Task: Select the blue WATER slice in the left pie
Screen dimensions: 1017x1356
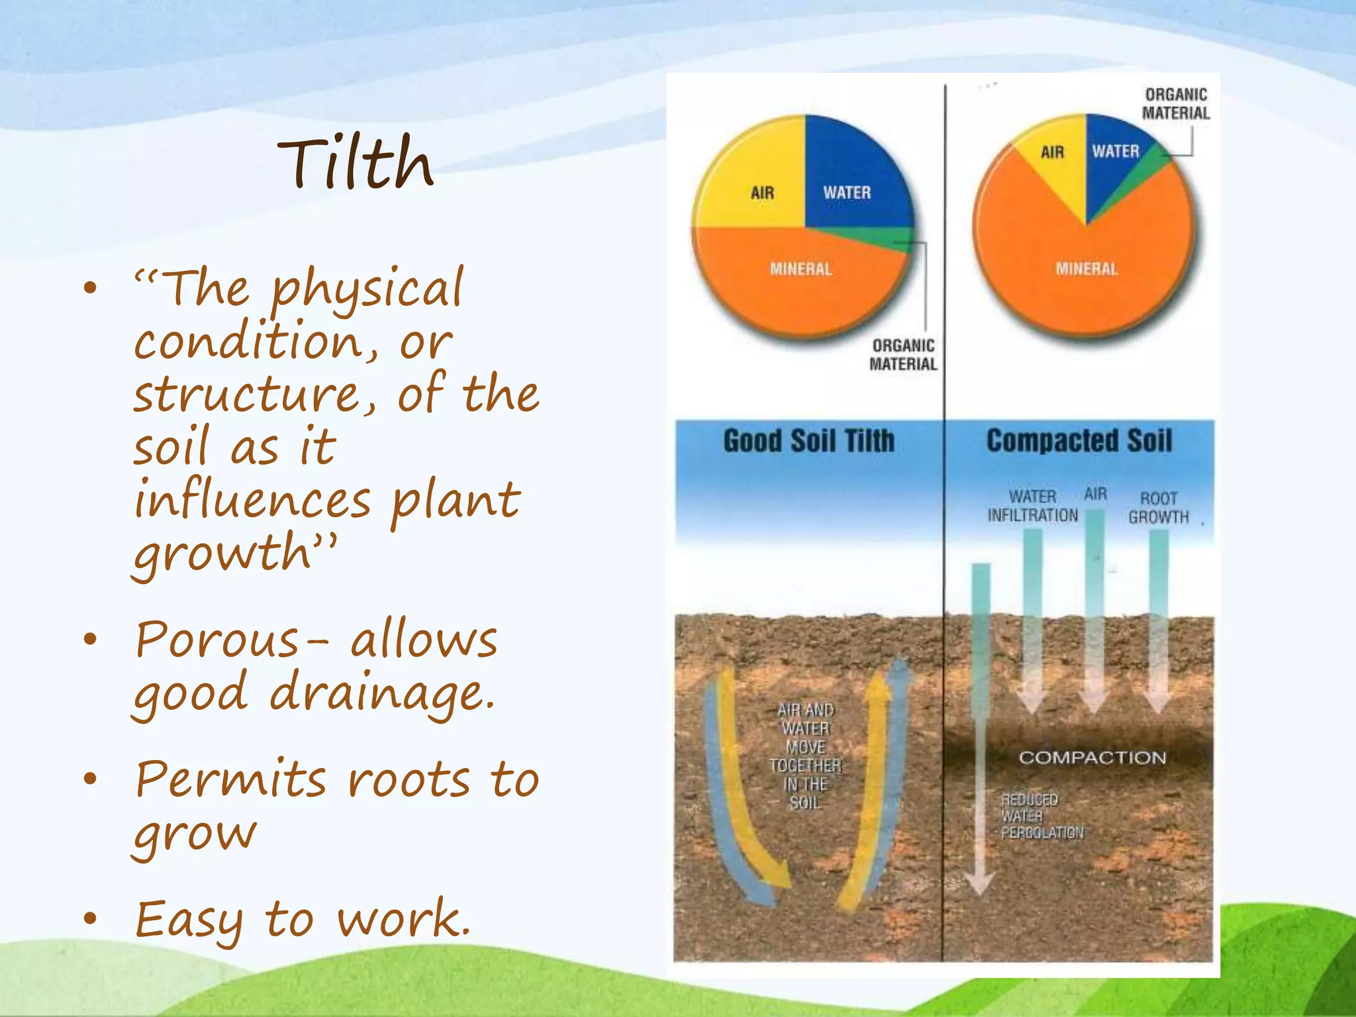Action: (854, 179)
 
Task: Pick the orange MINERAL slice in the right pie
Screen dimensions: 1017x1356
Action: (1086, 278)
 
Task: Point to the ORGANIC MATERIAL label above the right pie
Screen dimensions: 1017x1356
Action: (1176, 104)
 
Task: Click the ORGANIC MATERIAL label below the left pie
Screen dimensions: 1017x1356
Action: (903, 355)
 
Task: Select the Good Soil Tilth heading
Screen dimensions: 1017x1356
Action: (808, 441)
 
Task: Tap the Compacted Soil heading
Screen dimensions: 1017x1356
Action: (1079, 441)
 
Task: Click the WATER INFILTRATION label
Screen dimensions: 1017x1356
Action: (1032, 506)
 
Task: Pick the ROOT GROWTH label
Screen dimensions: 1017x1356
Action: (1159, 508)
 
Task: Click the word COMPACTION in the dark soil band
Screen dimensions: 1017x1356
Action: (1092, 757)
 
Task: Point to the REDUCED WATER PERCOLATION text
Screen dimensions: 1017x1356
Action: (1041, 816)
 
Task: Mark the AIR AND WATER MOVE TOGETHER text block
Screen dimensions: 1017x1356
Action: (805, 756)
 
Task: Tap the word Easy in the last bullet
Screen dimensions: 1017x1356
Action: (189, 920)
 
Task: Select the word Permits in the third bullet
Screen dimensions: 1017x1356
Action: (230, 779)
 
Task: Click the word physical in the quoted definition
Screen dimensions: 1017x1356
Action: (367, 289)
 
